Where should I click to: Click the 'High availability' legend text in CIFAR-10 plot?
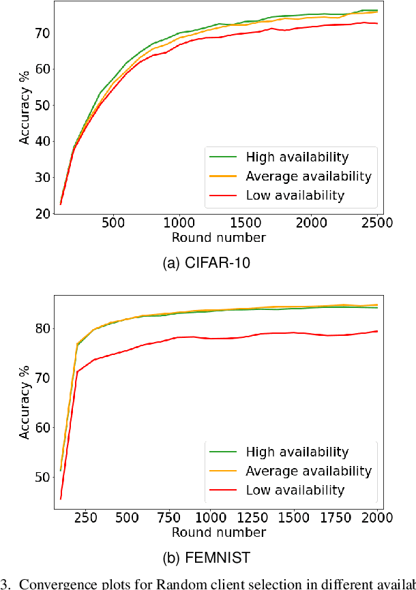point(297,157)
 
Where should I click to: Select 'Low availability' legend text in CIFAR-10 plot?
point(295,196)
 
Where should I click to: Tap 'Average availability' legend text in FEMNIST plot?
point(309,471)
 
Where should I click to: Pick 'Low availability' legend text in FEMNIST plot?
point(295,490)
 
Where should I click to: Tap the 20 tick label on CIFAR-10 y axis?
point(42,214)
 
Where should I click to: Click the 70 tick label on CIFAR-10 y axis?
point(42,33)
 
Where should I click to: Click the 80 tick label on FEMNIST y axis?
point(42,328)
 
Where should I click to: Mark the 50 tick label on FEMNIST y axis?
point(42,477)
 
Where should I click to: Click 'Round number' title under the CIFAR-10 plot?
point(218,237)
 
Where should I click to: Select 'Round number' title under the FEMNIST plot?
point(218,531)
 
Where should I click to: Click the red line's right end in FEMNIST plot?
point(377,331)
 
